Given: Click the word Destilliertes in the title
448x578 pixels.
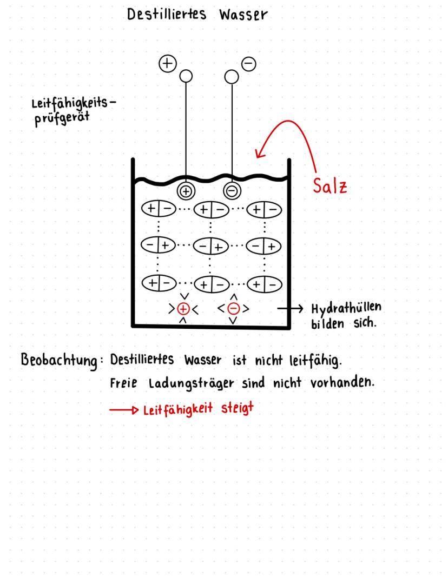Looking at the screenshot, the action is (166, 15).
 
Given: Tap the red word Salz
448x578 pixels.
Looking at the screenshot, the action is (330, 185).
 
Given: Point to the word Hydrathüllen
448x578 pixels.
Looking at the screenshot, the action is (346, 308).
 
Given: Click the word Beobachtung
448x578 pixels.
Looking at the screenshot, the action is (59, 360).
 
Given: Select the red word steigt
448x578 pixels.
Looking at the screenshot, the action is (238, 408).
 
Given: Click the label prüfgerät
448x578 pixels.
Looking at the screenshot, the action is (62, 118).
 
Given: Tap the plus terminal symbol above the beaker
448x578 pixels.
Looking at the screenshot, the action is (167, 63).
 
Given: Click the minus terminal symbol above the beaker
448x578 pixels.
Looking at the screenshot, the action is (248, 64).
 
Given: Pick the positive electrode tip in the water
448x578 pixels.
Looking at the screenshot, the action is (186, 191).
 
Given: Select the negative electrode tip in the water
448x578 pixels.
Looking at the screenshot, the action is (232, 191).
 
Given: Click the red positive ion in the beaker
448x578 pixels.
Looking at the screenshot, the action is (183, 309).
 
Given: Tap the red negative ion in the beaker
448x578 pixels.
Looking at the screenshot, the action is (233, 309).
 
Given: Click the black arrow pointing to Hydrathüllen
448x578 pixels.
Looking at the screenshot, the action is (290, 308).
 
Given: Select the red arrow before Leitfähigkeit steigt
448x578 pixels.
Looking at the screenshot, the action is (124, 410).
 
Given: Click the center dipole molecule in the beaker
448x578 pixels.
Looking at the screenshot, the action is (211, 246).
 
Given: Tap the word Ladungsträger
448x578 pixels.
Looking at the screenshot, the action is (191, 383).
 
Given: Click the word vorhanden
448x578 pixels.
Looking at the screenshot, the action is (342, 382).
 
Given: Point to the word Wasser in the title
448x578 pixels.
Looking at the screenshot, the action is (243, 15).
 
